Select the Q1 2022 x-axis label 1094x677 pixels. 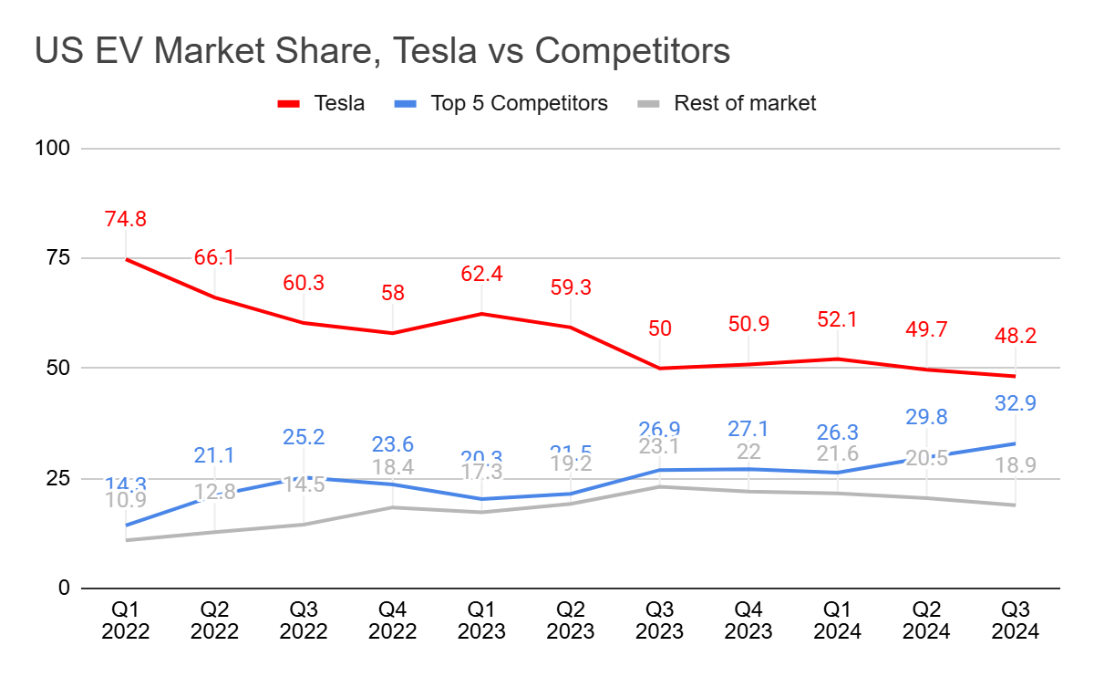pyautogui.click(x=126, y=620)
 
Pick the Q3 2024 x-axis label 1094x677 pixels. pyautogui.click(x=1016, y=620)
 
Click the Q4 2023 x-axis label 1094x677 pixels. pyautogui.click(x=748, y=620)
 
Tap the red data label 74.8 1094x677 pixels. pyautogui.click(x=126, y=219)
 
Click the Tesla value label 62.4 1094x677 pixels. pyautogui.click(x=481, y=274)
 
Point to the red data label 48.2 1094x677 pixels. pyautogui.click(x=1016, y=337)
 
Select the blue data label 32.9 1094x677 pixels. pyautogui.click(x=1016, y=403)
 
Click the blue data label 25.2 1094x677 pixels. pyautogui.click(x=304, y=438)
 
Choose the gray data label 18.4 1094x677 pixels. pyautogui.click(x=393, y=468)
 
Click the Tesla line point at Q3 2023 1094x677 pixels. pyautogui.click(x=660, y=369)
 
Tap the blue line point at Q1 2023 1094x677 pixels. pyautogui.click(x=481, y=499)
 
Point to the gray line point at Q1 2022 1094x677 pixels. pyautogui.click(x=126, y=540)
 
